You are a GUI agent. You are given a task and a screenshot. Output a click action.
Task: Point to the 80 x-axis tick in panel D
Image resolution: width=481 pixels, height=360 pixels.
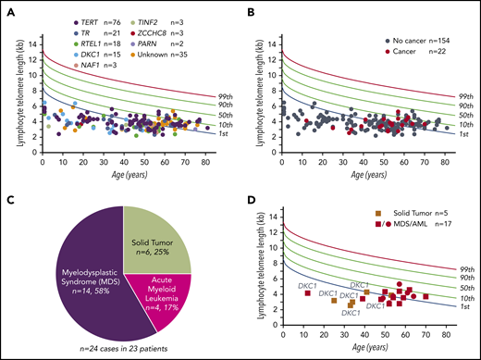pyautogui.click(x=446, y=331)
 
